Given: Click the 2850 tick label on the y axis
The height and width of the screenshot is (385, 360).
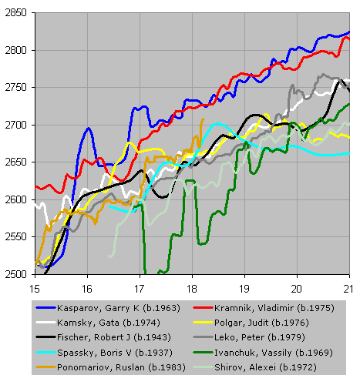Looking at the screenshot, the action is pos(16,12).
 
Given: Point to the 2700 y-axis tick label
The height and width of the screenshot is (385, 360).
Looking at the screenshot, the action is pos(16,125).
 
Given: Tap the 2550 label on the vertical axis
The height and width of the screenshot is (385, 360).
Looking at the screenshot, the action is pos(16,237).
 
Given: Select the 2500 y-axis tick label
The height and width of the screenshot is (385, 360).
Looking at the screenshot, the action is pos(16,274).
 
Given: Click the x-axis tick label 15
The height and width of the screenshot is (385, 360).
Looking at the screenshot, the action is pos(35,289).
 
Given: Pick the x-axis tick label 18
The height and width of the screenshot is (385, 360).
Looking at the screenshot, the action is pos(192,289).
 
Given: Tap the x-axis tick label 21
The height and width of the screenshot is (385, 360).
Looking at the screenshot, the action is pos(348,289).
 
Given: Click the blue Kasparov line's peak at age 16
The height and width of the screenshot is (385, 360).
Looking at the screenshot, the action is pos(89,128).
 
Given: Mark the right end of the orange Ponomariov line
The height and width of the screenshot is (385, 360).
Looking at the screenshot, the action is pos(203,119).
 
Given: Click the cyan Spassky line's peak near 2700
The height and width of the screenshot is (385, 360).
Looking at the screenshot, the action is pos(218,124).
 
